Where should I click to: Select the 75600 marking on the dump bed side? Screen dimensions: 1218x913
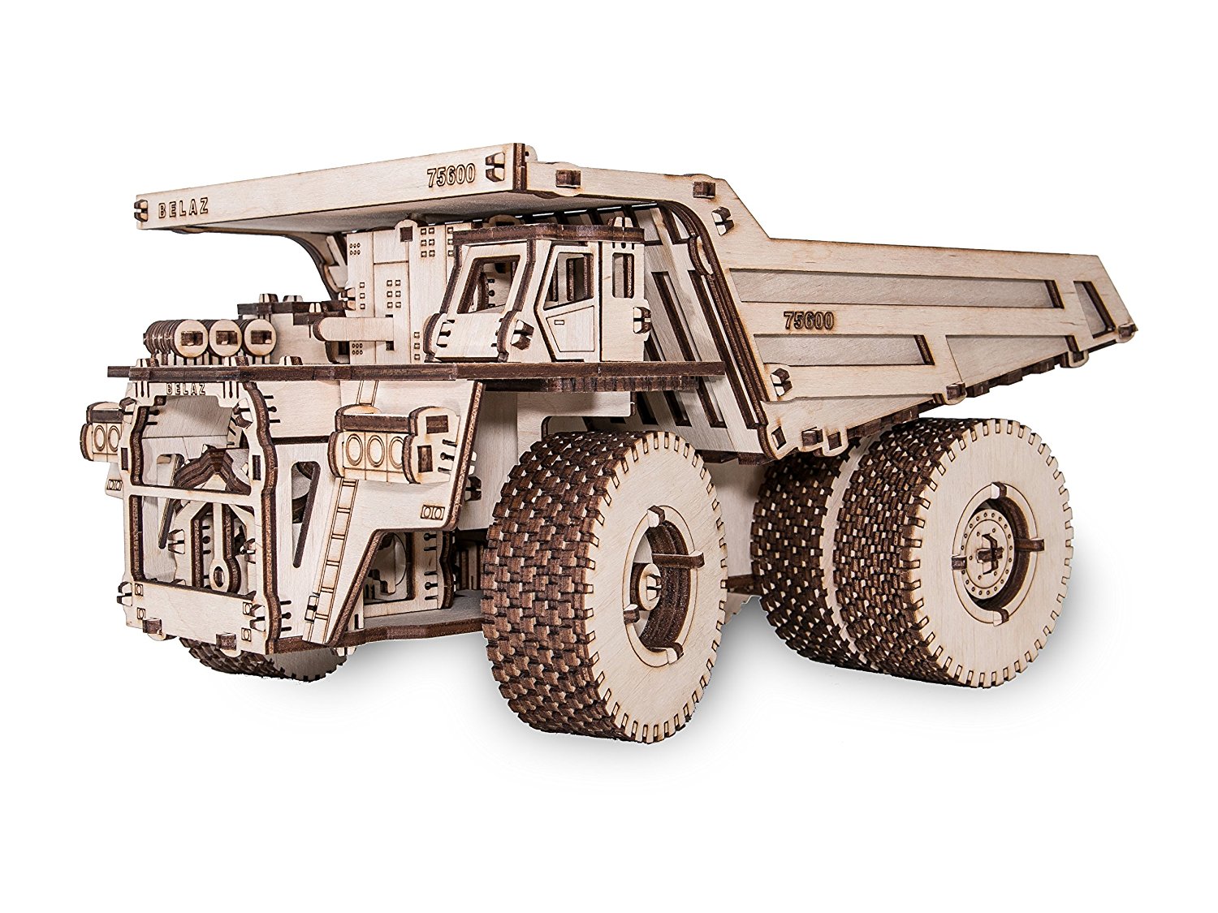coord(808,320)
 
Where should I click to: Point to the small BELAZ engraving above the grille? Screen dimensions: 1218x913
coord(185,389)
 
